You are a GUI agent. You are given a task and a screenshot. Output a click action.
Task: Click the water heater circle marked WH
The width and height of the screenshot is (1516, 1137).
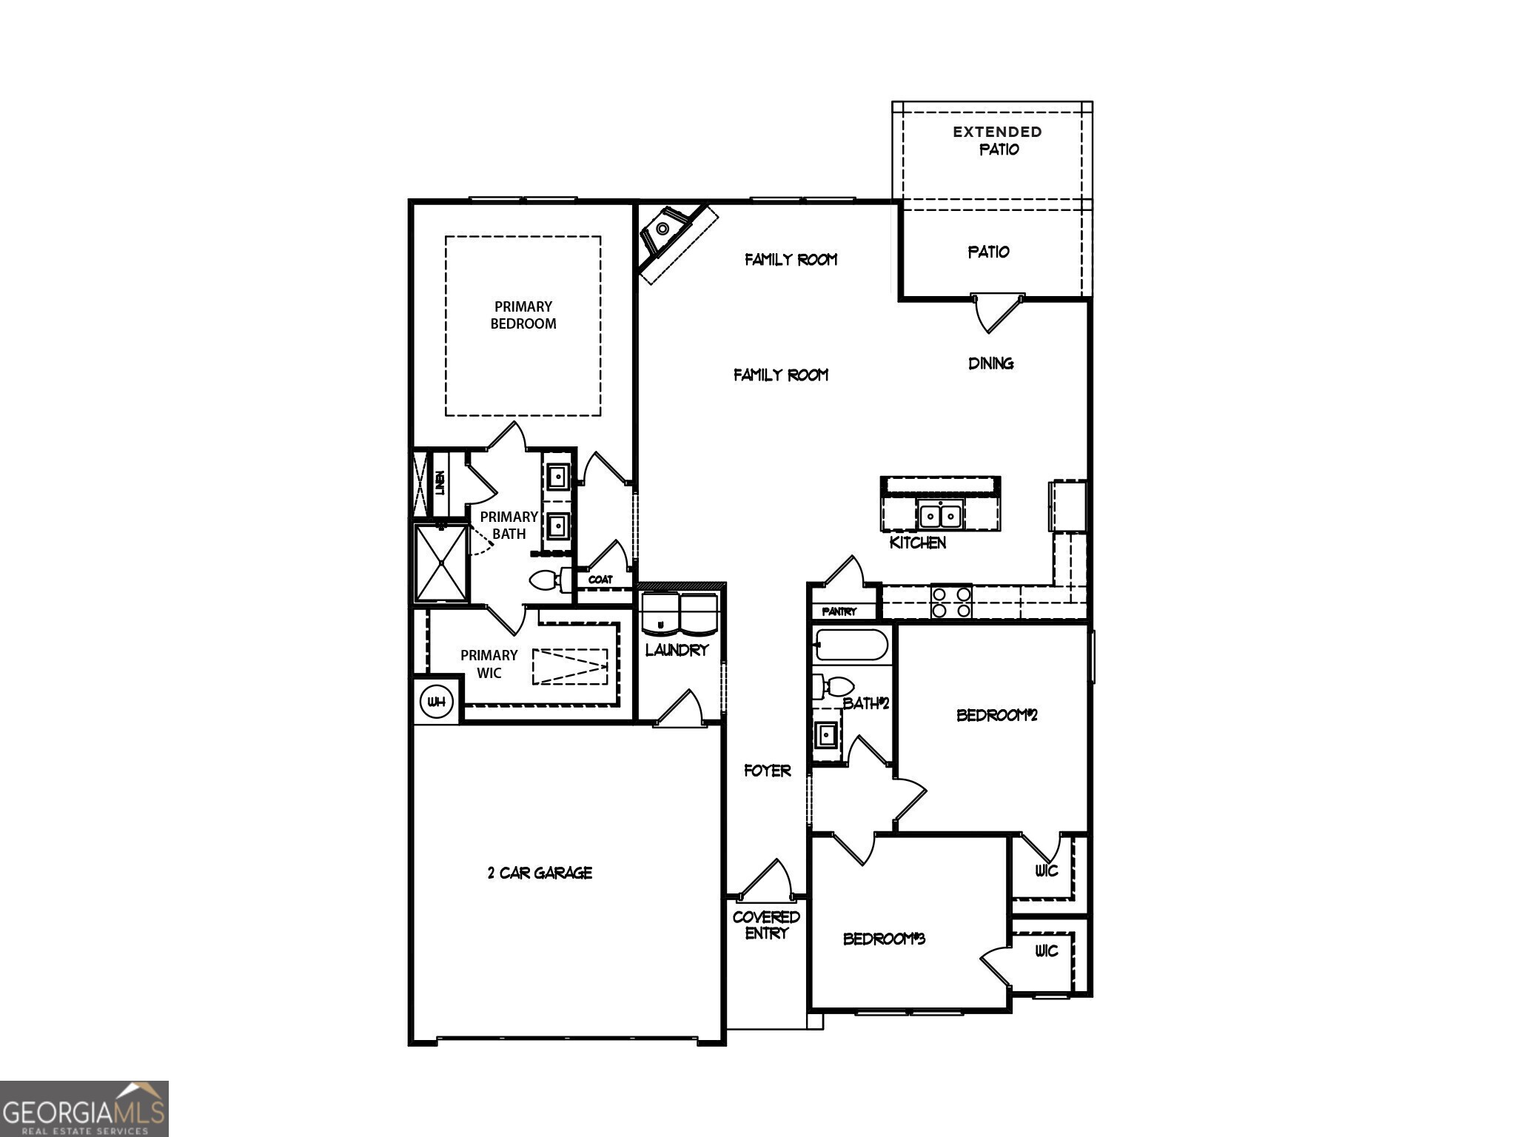coord(437,702)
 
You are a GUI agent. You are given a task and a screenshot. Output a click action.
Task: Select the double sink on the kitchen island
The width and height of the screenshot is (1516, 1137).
coord(940,514)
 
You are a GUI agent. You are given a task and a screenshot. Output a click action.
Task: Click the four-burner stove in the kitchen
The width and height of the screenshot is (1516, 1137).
coord(951,602)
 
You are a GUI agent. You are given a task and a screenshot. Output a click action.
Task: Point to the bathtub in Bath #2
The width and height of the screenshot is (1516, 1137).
coord(851,645)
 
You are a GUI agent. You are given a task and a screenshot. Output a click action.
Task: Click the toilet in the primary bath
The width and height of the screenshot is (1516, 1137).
coord(549,580)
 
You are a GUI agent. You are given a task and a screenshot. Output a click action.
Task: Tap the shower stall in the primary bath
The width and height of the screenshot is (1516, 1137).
coord(441,563)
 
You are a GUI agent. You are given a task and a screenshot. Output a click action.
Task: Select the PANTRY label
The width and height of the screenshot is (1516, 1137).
coord(839,611)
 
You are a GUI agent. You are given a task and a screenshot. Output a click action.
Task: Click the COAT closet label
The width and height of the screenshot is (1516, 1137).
coord(600,580)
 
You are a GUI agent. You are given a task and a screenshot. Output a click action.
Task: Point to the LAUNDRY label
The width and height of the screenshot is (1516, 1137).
coord(677,650)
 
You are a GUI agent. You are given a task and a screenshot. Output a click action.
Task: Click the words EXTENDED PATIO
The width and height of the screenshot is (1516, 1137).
coord(998,141)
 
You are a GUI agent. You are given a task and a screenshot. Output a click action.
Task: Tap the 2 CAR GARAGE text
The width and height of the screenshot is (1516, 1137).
coord(540,873)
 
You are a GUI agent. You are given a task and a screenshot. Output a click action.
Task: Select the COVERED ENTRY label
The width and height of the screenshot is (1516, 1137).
coord(766,925)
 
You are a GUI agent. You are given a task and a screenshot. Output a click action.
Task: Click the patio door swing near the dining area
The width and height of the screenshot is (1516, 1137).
coord(996,313)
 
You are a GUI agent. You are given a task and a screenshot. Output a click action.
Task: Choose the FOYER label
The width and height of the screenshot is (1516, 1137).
coord(767,771)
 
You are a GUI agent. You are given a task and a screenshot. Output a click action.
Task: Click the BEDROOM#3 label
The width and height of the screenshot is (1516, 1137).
coord(884,939)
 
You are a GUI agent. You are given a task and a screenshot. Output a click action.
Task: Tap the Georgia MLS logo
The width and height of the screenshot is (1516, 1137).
coord(84,1108)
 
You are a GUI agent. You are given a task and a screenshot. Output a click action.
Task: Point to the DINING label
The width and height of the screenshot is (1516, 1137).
coord(990,363)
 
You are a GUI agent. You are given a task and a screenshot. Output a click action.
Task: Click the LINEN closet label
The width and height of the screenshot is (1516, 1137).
coord(440,483)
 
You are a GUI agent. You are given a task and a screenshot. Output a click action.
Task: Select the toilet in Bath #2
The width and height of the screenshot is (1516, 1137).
coord(832,686)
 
